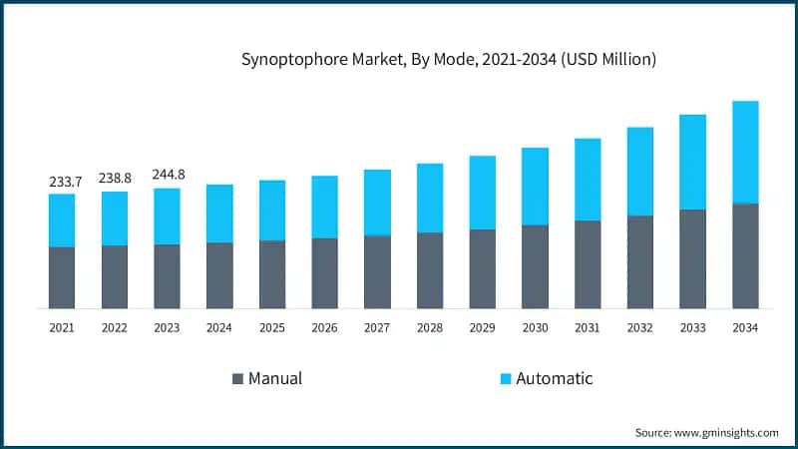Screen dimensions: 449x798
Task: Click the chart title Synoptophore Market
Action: click(449, 60)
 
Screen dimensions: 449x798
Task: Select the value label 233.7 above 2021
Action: click(62, 182)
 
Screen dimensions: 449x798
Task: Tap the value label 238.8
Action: click(115, 179)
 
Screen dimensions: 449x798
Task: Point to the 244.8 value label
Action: click(168, 175)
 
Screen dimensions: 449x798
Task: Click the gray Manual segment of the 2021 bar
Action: click(62, 277)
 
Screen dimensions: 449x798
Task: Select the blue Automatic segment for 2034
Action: click(745, 152)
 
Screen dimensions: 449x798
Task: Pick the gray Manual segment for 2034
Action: click(745, 255)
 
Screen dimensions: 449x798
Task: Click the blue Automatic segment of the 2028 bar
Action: click(430, 198)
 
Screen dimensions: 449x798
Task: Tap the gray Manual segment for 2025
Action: click(272, 274)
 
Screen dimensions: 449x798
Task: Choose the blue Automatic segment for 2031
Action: click(588, 180)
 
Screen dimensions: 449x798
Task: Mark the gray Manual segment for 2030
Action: click(535, 266)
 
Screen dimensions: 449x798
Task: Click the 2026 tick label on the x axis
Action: click(324, 327)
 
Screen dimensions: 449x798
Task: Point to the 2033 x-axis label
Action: click(692, 327)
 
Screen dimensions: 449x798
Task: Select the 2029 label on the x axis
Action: click(482, 327)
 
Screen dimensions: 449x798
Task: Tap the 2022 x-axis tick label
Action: click(115, 327)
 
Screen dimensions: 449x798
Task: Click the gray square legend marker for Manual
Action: click(237, 379)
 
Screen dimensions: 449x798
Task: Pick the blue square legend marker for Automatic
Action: click(505, 379)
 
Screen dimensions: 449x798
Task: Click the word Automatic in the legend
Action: click(554, 379)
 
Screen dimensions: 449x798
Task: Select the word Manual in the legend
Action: click(275, 379)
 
